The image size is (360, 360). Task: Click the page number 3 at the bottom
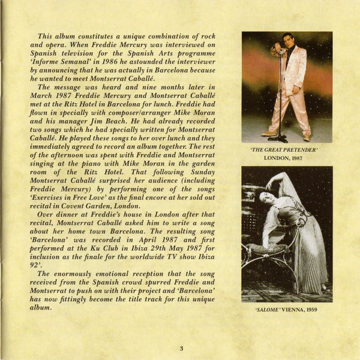(x=181, y=347)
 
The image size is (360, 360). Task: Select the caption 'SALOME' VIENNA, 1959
(x=286, y=310)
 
